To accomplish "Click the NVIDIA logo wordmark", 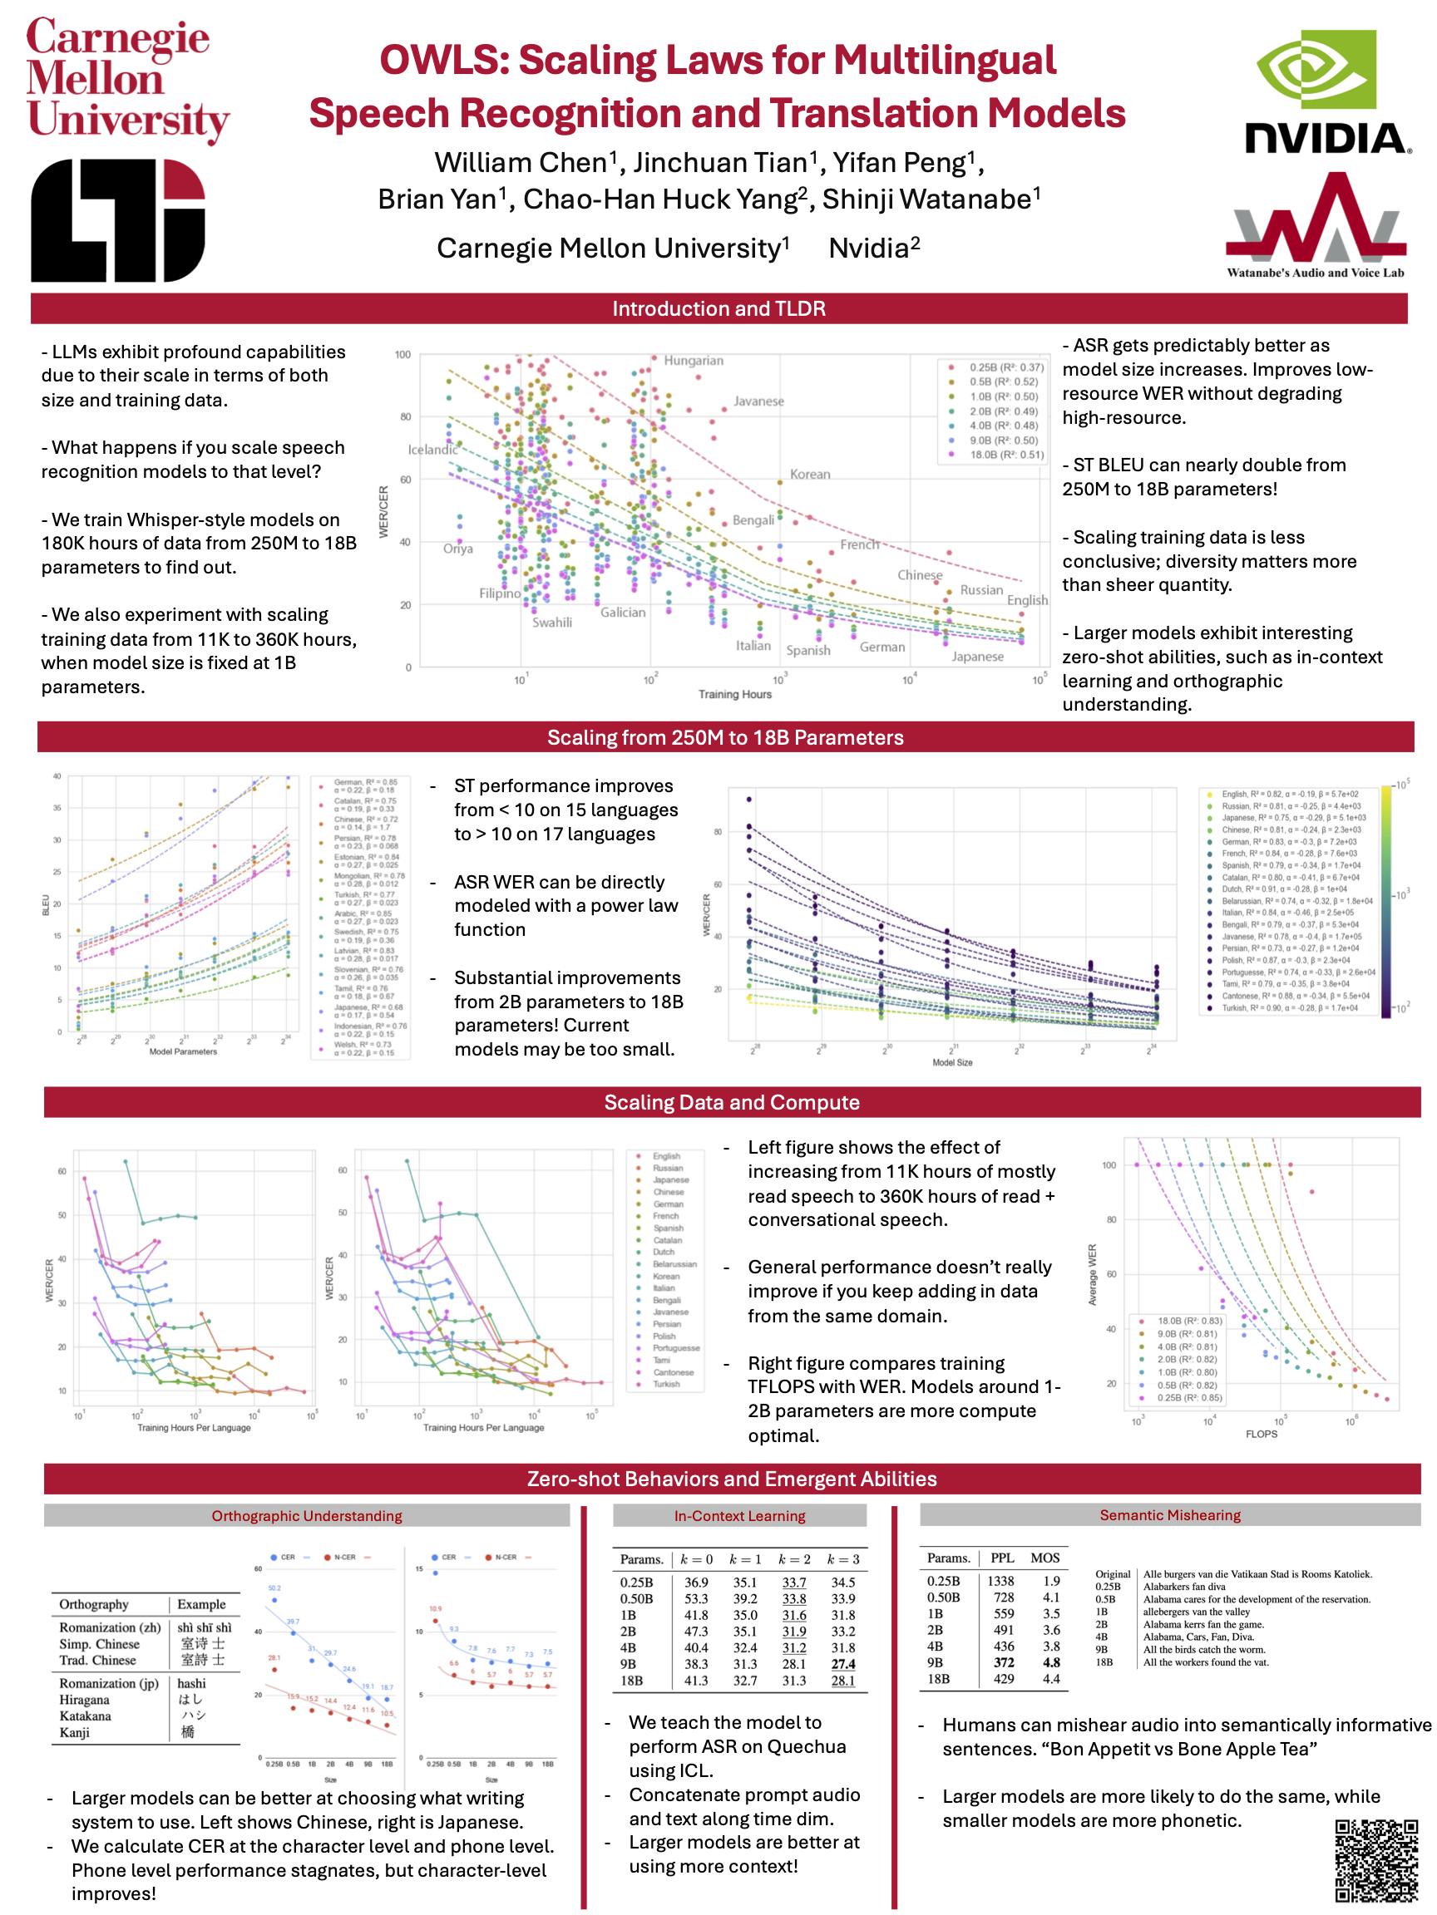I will [1326, 138].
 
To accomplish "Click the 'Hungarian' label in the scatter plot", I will [693, 360].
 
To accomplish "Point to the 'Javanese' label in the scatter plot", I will [758, 401].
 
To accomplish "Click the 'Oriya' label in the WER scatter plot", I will [457, 549].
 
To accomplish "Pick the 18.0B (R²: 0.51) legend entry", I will [1005, 455].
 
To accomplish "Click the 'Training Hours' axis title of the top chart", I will [734, 694].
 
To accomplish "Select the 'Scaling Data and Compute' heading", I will [731, 1102].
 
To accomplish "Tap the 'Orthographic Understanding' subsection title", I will [307, 1516].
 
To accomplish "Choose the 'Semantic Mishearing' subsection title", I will [1169, 1515].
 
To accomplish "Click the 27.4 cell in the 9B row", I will [842, 1664].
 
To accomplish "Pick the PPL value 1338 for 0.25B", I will [1000, 1581].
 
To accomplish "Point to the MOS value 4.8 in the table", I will [1050, 1662].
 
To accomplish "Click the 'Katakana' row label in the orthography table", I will [85, 1716].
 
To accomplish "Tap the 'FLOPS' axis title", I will [1261, 1434].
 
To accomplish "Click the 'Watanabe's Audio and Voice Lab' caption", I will [1315, 273].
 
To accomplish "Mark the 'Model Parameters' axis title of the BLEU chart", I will [183, 1052].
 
